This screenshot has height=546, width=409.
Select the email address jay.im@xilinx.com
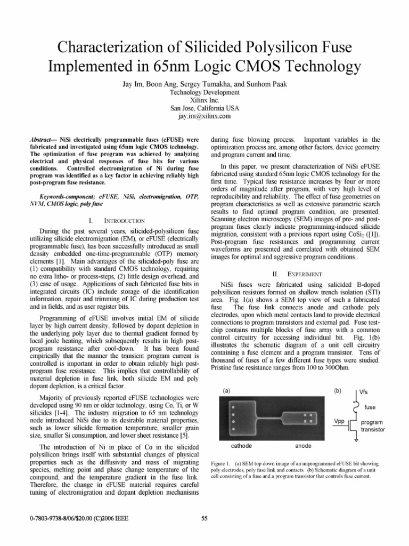coord(204,115)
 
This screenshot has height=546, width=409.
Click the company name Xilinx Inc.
coord(204,99)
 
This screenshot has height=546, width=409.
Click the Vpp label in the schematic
coord(339,421)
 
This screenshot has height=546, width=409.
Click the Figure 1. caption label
coord(223,462)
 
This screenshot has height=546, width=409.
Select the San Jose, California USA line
coord(204,107)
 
